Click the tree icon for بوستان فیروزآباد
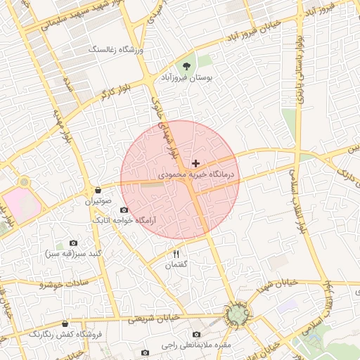(x=186, y=66)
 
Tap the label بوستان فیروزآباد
(x=187, y=78)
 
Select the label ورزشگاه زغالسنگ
(x=116, y=50)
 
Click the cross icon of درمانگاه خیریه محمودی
(x=195, y=163)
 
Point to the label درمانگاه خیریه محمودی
(x=195, y=174)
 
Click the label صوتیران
(x=98, y=202)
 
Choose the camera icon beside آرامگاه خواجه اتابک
(x=124, y=210)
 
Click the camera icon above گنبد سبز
(x=73, y=243)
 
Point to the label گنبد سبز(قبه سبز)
(x=73, y=253)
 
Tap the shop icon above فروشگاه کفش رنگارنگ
(x=65, y=323)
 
